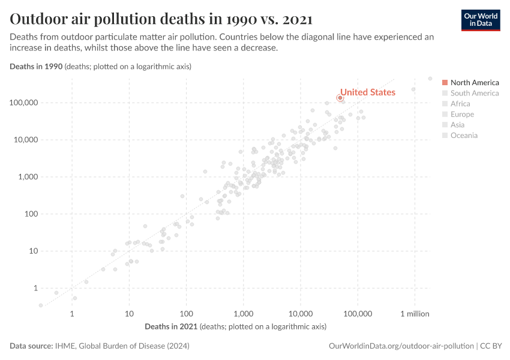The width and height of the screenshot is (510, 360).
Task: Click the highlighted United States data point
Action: [x=340, y=97]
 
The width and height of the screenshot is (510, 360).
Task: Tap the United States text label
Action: [x=368, y=92]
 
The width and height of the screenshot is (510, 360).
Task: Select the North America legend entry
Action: [x=474, y=82]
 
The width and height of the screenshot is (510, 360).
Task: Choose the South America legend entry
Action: [x=474, y=93]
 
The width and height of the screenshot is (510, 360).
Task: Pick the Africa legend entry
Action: [x=460, y=104]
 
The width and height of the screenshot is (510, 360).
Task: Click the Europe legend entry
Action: [x=462, y=114]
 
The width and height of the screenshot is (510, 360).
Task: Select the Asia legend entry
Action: [x=458, y=125]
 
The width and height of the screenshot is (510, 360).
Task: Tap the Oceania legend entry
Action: [x=464, y=136]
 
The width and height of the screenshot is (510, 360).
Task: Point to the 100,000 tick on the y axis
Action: [x=25, y=103]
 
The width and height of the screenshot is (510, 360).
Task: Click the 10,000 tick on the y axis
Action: [x=27, y=140]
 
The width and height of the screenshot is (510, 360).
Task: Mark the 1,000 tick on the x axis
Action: [x=243, y=314]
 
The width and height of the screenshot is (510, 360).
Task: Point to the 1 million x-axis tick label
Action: [x=415, y=314]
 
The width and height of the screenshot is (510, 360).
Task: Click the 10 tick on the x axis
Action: [x=129, y=314]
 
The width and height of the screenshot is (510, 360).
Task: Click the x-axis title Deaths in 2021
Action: [x=172, y=326]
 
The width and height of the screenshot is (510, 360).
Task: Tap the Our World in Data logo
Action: [x=480, y=20]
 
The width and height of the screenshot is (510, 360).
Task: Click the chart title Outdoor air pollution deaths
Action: [x=161, y=19]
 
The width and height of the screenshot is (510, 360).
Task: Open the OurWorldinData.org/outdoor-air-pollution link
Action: [x=401, y=346]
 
